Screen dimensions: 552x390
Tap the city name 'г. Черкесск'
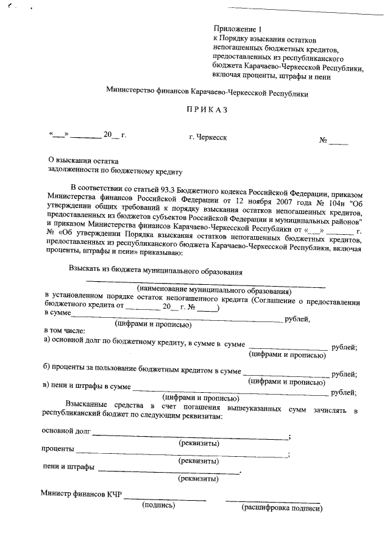click(208, 137)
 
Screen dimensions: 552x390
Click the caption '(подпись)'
click(159, 506)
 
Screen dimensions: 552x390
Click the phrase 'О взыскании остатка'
click(79, 160)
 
